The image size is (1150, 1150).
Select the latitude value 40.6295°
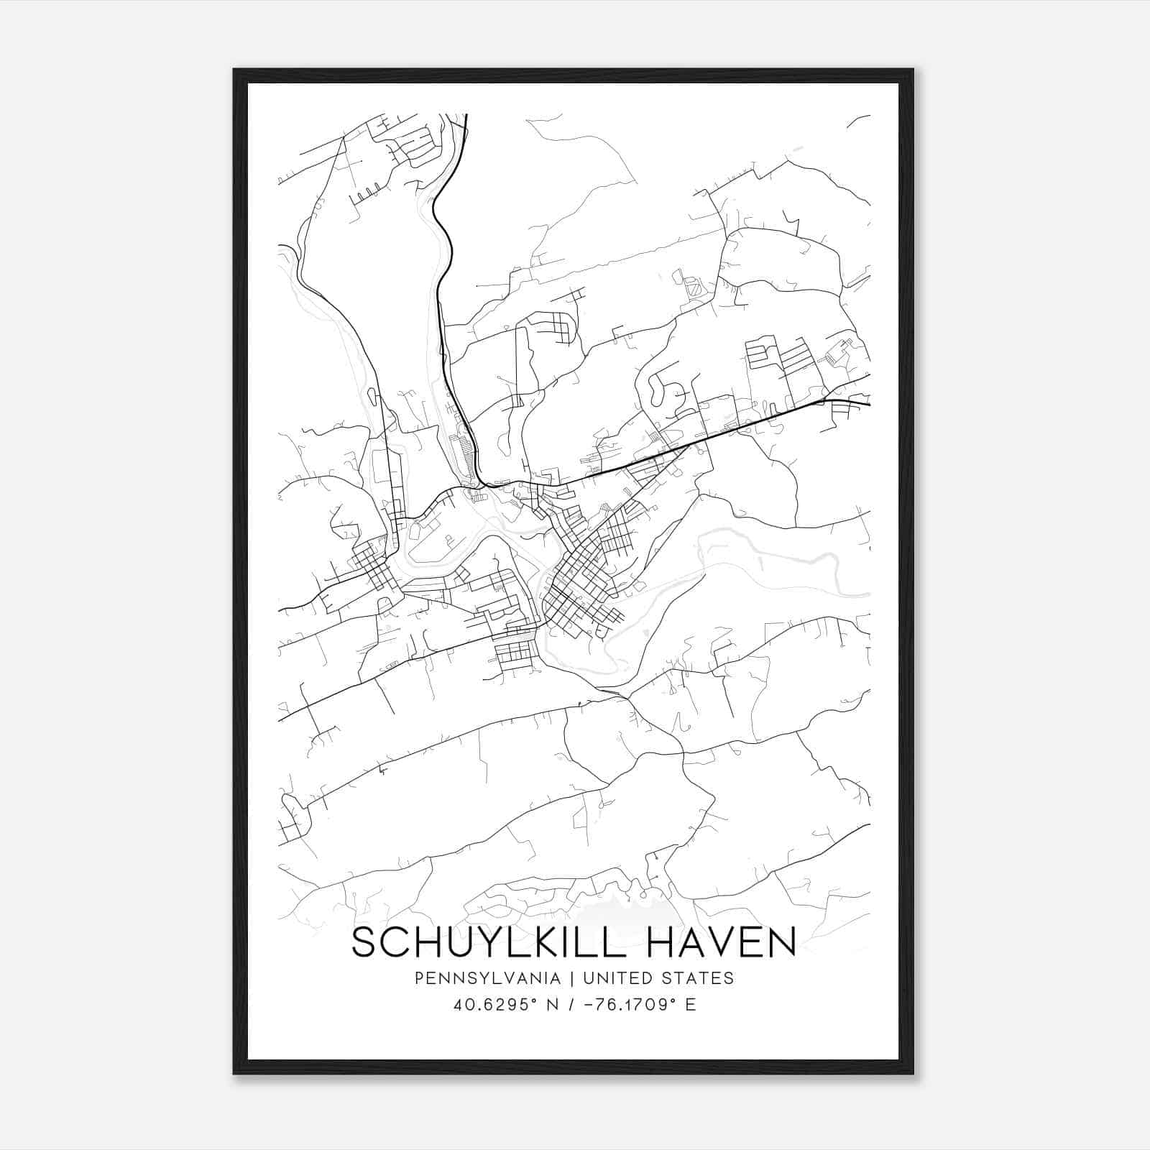492,1005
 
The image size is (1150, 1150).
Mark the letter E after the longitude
691,1005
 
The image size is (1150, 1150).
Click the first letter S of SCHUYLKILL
364,942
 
